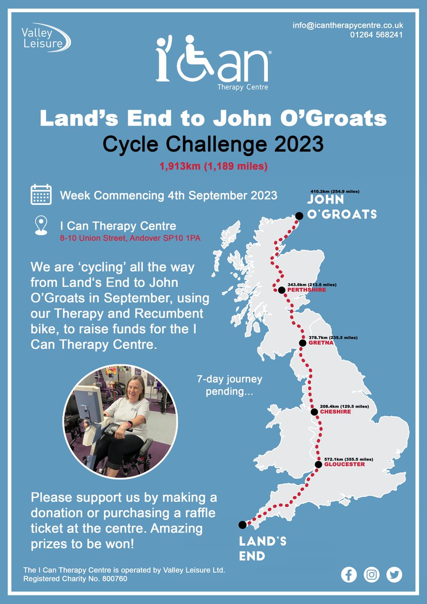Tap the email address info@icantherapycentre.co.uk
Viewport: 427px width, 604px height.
click(347, 25)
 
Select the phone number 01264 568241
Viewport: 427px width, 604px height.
click(376, 35)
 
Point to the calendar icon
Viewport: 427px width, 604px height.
click(41, 194)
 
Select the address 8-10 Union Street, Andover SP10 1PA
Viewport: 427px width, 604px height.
click(130, 238)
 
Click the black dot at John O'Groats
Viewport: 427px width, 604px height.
click(299, 215)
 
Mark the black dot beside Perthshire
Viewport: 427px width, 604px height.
click(281, 290)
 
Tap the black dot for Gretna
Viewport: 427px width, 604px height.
click(302, 343)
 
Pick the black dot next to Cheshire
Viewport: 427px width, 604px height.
click(314, 412)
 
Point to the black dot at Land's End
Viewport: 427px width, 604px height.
click(242, 524)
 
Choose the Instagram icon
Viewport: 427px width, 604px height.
click(372, 574)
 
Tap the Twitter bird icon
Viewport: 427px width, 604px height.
click(394, 574)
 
